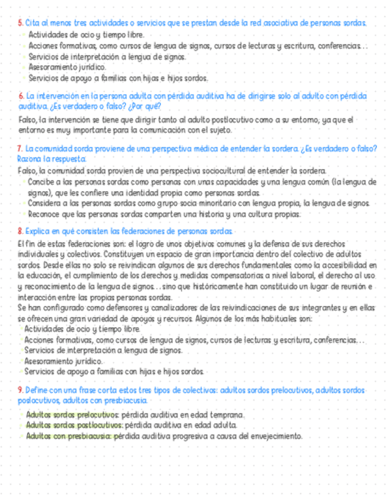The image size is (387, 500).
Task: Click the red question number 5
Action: pyautogui.click(x=20, y=23)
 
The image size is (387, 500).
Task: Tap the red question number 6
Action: pyautogui.click(x=21, y=96)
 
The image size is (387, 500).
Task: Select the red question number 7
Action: pyautogui.click(x=21, y=149)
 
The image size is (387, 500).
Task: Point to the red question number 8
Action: pyautogui.click(x=21, y=231)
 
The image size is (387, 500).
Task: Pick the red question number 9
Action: pyautogui.click(x=21, y=391)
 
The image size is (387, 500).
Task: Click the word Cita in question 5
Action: pyautogui.click(x=32, y=23)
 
